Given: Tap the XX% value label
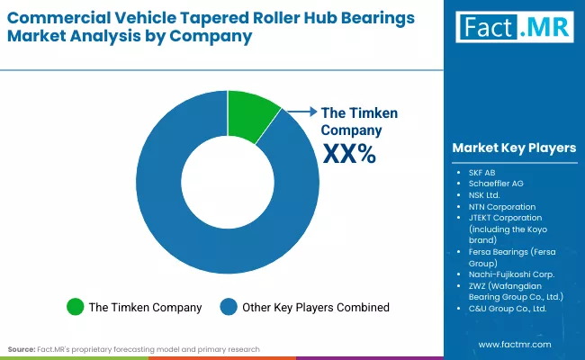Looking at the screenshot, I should (x=349, y=155).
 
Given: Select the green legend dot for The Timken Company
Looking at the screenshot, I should (x=76, y=307).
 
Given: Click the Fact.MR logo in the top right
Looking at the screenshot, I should (x=514, y=26).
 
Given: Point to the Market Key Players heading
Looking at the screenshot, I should (x=514, y=148).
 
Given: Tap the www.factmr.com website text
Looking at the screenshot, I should (x=514, y=345).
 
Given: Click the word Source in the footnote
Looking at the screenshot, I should (x=21, y=348).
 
